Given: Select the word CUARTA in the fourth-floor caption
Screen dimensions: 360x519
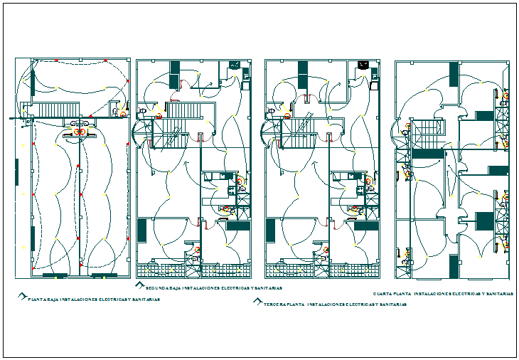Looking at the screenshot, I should coord(384,294).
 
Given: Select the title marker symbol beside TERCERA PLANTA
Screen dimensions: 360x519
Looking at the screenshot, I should coord(257,301).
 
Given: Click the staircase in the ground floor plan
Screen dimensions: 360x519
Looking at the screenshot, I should coord(50,110).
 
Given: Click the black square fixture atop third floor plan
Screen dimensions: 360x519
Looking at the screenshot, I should coord(363,65).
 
